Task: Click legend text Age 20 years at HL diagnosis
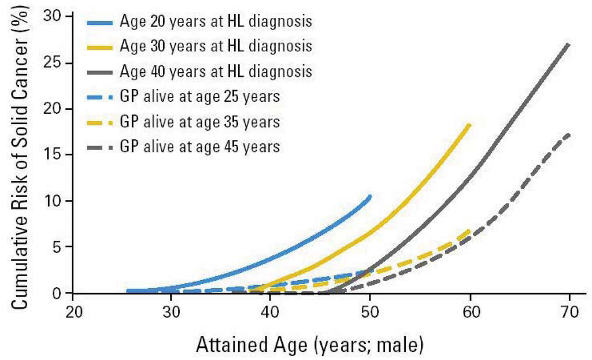pos(216,22)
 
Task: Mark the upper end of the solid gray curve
pos(569,44)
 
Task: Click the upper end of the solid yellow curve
pos(469,125)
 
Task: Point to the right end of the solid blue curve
pos(369,196)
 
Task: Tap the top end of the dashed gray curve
pos(569,134)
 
